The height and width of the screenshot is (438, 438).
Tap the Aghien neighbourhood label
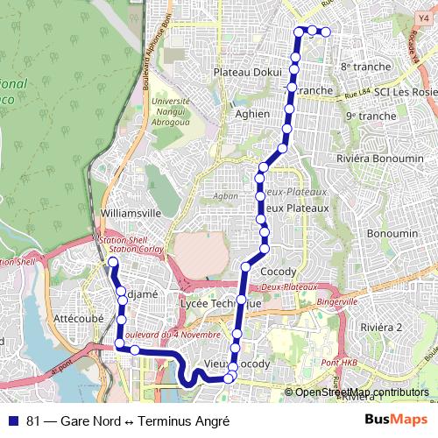(252, 113)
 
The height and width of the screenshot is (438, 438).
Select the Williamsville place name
(131, 213)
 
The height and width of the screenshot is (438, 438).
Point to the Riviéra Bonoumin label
(380, 159)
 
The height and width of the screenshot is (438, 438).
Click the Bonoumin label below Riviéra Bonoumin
(392, 234)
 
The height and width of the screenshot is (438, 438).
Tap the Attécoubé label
(79, 318)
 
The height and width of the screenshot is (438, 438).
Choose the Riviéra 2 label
(380, 327)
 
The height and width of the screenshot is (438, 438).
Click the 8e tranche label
(363, 67)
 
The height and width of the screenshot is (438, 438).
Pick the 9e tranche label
(371, 116)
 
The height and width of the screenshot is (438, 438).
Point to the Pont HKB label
(339, 364)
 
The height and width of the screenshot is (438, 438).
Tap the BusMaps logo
(395, 420)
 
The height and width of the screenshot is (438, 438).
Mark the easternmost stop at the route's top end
(326, 32)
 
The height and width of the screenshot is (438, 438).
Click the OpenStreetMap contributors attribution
(361, 392)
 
